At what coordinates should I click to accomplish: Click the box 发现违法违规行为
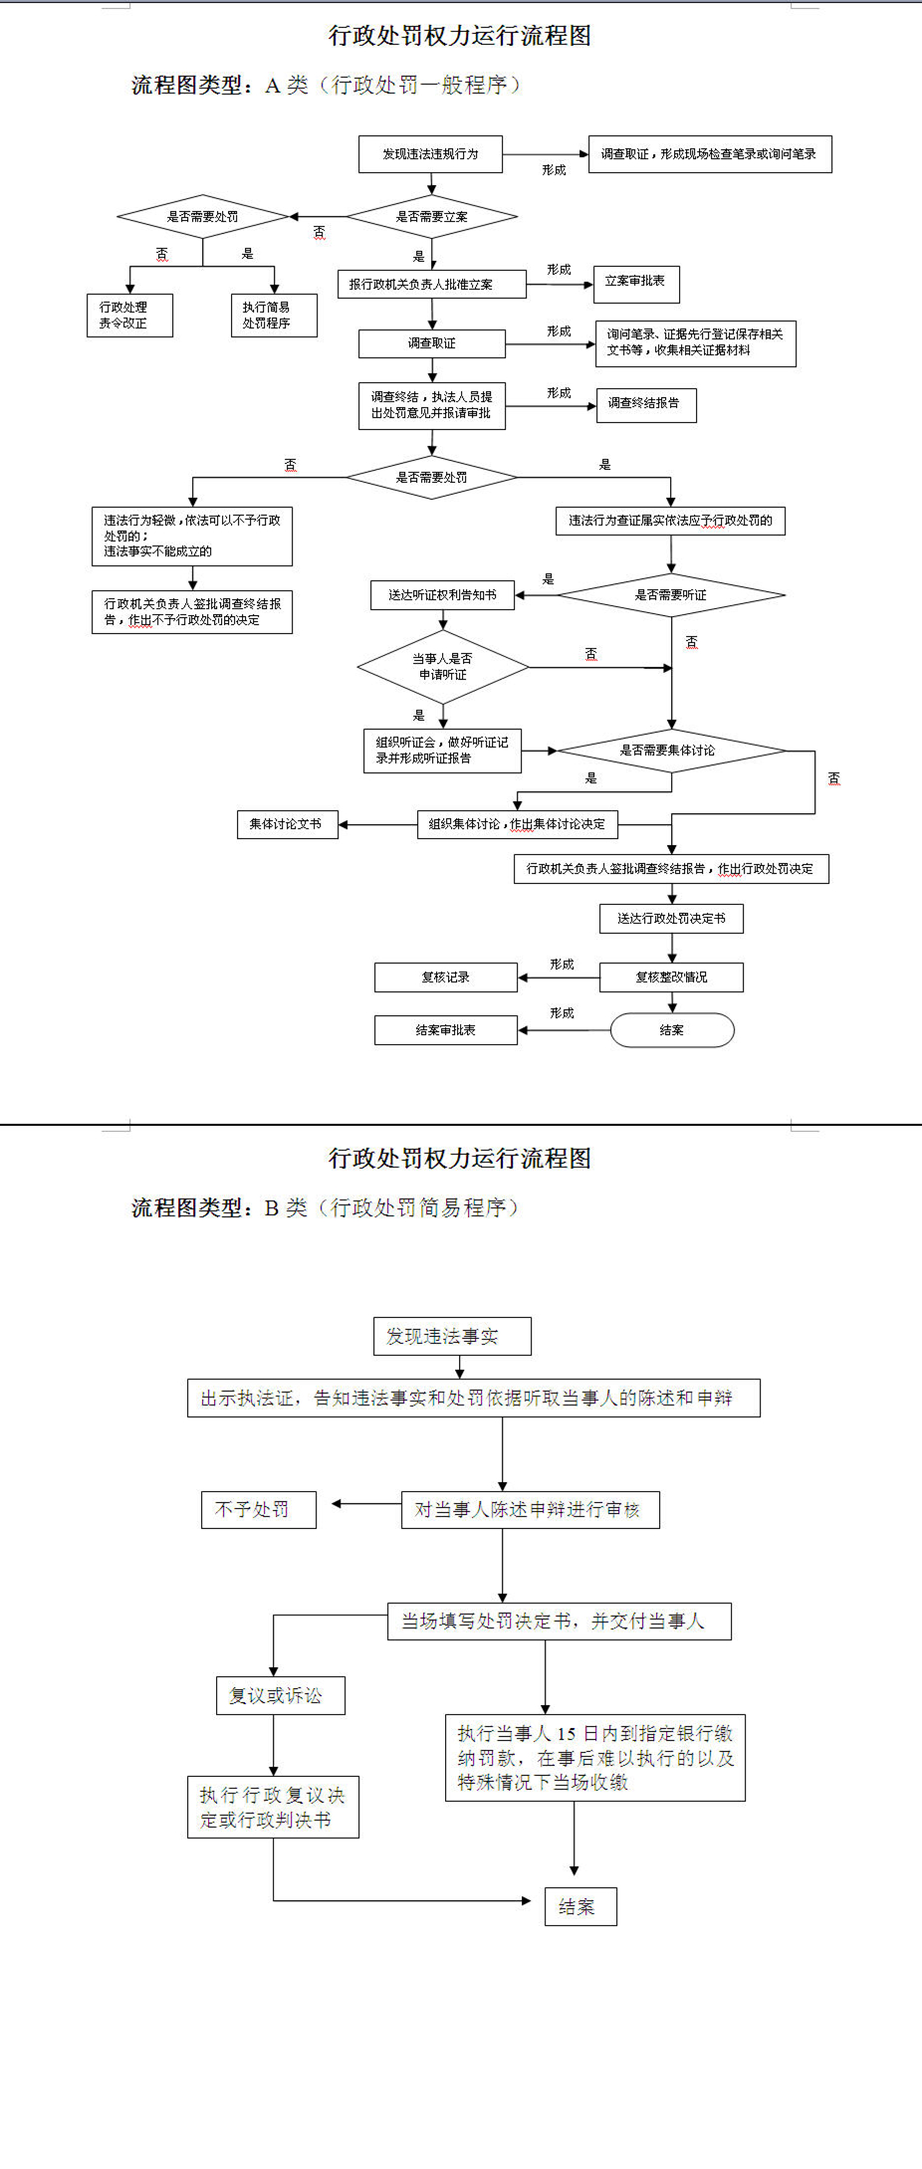[x=430, y=154]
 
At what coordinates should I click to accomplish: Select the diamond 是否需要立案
[x=431, y=216]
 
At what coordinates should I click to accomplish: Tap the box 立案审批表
[x=635, y=283]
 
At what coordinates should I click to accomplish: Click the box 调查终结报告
[x=645, y=404]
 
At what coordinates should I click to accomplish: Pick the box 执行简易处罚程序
[x=274, y=316]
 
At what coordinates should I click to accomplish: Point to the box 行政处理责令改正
[x=129, y=316]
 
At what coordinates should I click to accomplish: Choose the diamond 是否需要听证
[x=671, y=595]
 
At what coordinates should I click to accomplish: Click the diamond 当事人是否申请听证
[x=443, y=667]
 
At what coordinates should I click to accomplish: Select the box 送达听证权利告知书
[x=442, y=595]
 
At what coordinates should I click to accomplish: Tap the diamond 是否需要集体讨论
[x=671, y=751]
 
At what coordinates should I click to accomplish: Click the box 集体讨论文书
[x=287, y=824]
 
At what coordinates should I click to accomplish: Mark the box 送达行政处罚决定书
[x=671, y=919]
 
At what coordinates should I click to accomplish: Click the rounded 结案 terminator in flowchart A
[x=671, y=1030]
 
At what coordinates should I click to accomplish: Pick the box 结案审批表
[x=445, y=1030]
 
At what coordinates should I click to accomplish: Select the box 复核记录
[x=445, y=977]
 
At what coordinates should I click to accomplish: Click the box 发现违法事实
[x=452, y=1336]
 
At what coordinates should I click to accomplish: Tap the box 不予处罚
[x=258, y=1509]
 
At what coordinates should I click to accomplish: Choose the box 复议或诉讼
[x=280, y=1695]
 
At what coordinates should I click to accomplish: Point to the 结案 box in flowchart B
[x=580, y=1906]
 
